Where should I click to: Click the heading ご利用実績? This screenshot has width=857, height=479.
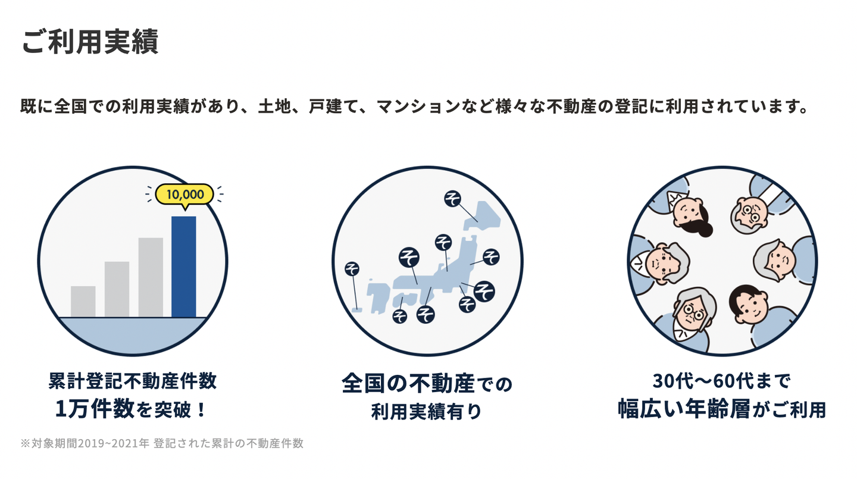point(90,41)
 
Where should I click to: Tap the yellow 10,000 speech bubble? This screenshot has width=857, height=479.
point(184,195)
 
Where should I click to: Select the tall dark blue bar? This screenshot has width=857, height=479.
point(184,267)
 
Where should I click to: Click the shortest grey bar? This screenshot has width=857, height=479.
point(83,302)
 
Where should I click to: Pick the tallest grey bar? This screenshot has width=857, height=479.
point(151,277)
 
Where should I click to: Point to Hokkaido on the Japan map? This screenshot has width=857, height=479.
point(482,215)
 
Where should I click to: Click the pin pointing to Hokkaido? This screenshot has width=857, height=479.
point(452,199)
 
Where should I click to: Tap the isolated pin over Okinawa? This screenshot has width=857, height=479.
point(352,268)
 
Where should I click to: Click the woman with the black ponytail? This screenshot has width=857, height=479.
point(691,214)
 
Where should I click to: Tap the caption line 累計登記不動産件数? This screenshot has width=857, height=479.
point(133,381)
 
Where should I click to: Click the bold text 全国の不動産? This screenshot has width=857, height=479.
point(408,383)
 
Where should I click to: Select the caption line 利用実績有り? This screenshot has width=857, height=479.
point(426,411)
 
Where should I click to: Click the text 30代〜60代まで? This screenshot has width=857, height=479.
point(721,381)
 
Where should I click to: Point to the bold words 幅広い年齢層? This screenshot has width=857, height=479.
point(684,409)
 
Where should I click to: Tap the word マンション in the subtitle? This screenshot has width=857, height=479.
point(418,107)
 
